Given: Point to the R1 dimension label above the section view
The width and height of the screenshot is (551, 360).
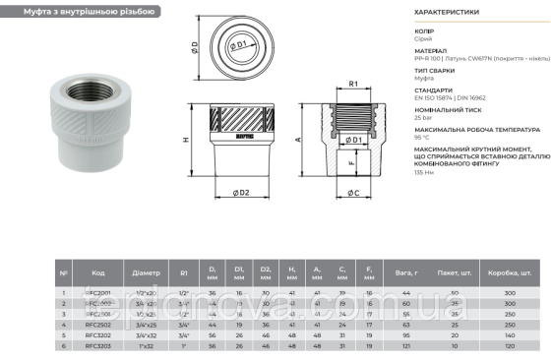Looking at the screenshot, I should tap(352, 85).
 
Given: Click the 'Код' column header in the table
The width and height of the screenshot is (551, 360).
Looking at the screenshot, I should tap(98, 272).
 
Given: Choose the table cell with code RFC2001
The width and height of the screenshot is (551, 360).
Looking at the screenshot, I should tap(98, 292).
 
